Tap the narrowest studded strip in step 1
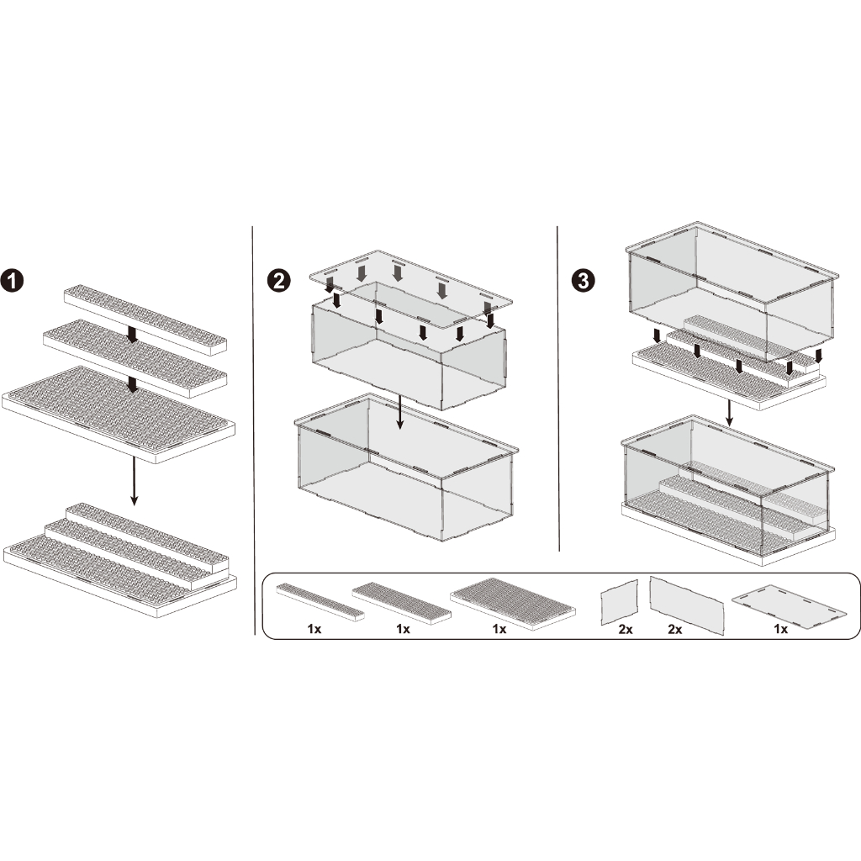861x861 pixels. click(x=145, y=320)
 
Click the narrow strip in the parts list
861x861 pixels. click(x=320, y=601)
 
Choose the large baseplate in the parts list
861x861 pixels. click(x=513, y=604)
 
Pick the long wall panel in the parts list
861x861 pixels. click(x=686, y=605)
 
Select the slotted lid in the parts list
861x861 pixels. click(x=788, y=605)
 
